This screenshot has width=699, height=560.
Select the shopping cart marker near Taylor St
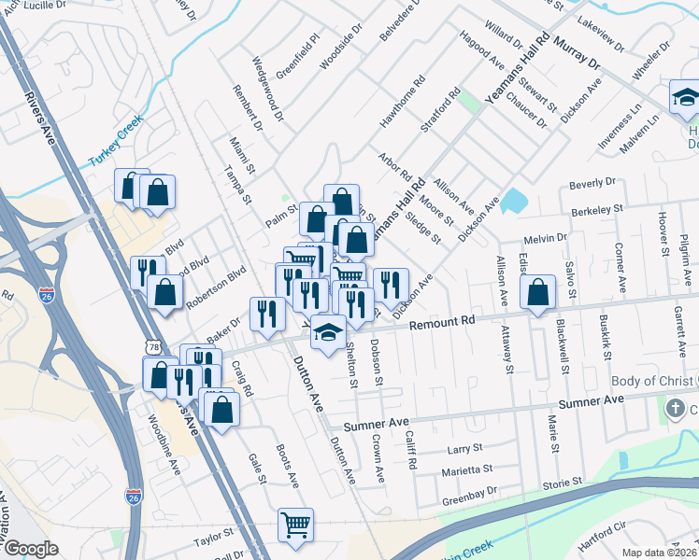point(295,525)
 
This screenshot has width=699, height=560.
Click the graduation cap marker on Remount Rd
point(328,333)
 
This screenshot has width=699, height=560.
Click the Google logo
point(31,549)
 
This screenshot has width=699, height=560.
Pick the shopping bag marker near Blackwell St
point(538,293)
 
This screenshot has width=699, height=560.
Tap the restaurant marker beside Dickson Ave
point(391,284)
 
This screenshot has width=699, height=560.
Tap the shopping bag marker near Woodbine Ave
point(160,373)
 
